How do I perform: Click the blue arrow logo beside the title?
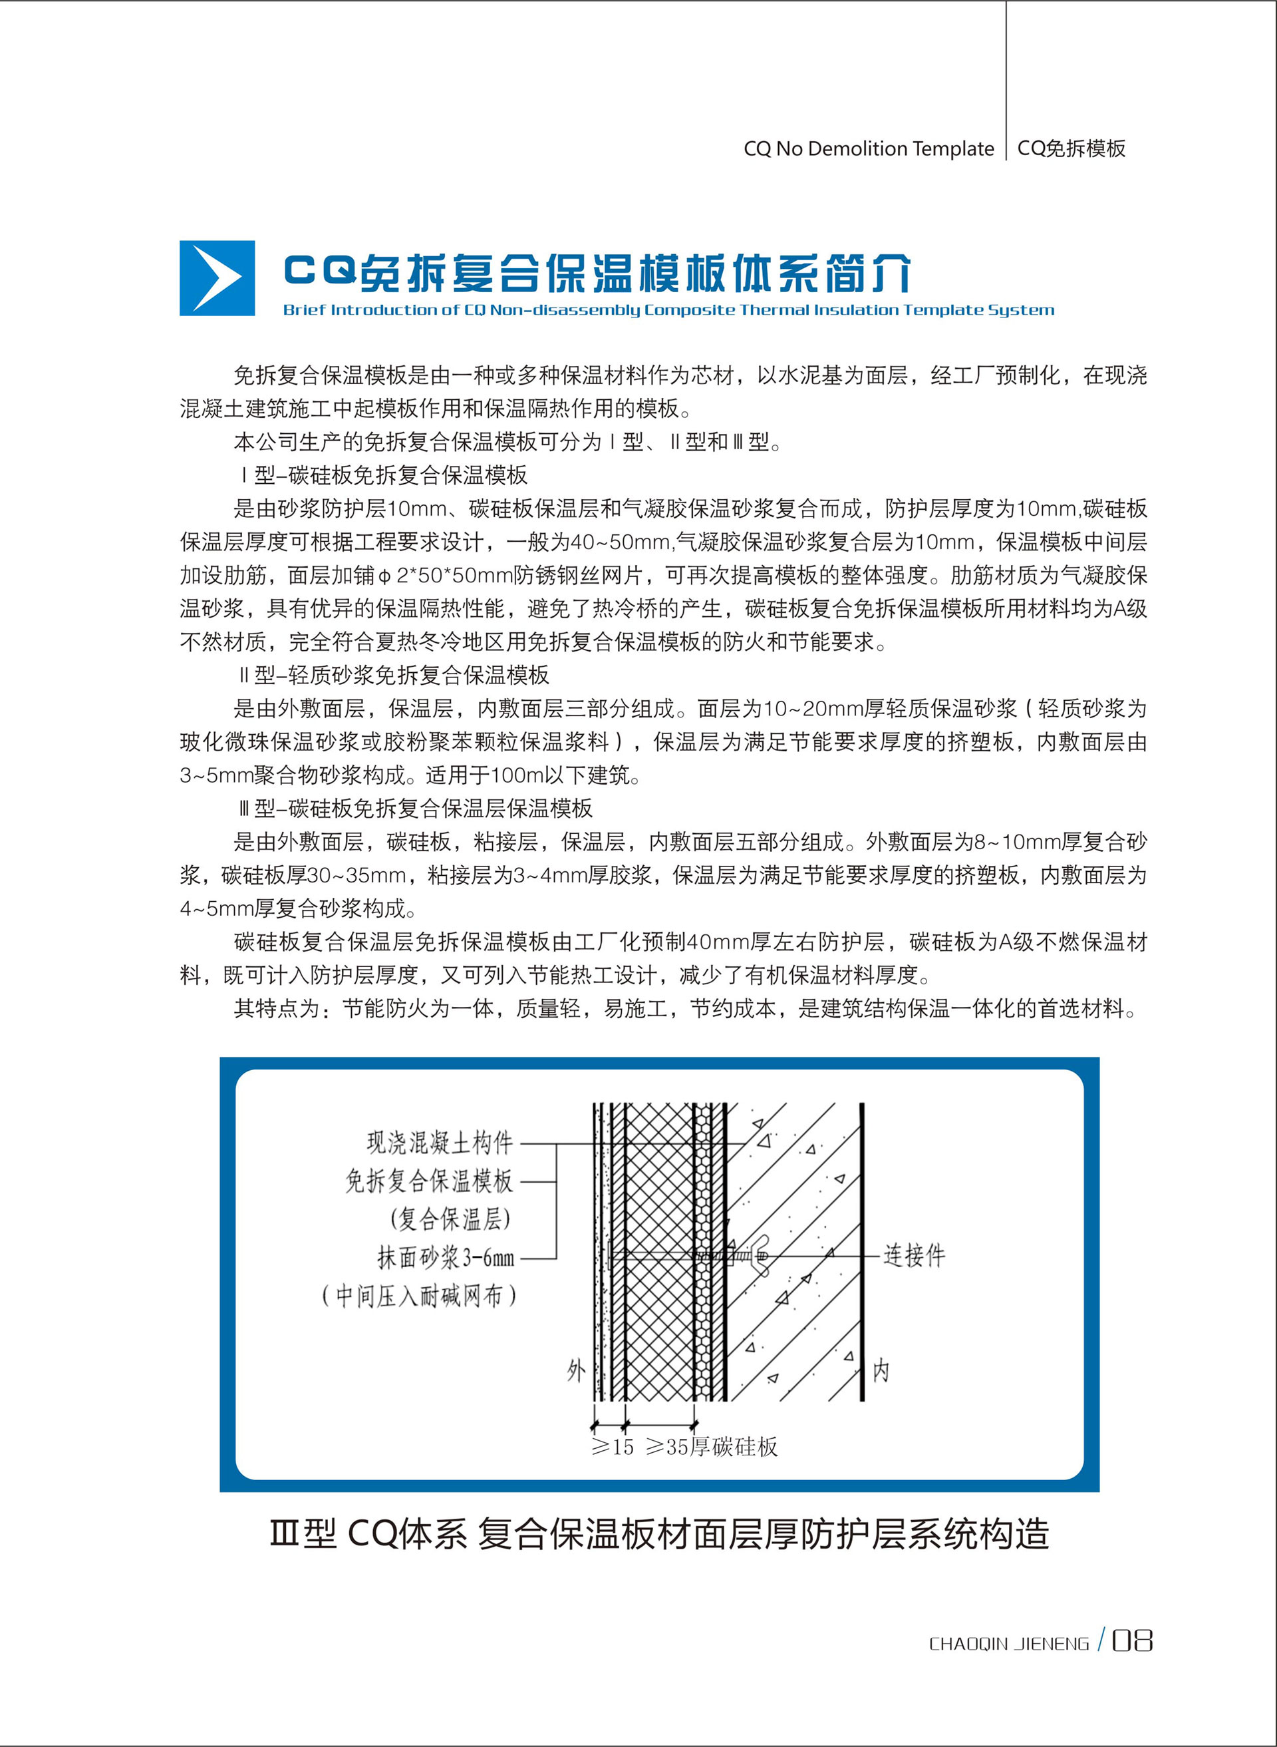coord(217,278)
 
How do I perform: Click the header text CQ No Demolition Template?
coord(868,148)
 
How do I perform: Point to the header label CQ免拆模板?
coord(1071,148)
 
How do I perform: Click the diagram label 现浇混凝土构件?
coord(439,1142)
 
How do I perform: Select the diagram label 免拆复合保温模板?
coord(429,1181)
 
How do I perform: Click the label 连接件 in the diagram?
coord(914,1255)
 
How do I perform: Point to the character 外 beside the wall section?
coord(576,1371)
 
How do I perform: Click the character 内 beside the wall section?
coord(881,1371)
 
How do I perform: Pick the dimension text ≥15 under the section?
coord(612,1447)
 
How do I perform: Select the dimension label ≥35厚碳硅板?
coord(711,1447)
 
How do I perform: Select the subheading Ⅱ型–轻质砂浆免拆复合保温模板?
coord(394,675)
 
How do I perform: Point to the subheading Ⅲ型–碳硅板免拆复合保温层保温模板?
coord(416,809)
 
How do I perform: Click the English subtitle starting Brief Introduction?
coord(668,310)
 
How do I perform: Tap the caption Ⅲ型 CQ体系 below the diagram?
coord(659,1533)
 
